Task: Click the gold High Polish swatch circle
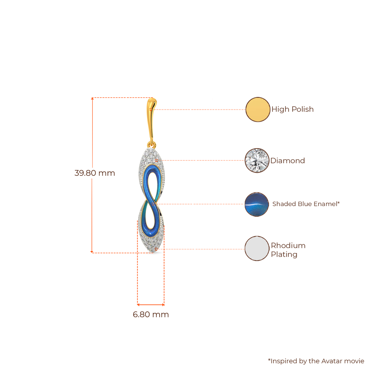pyautogui.click(x=258, y=109)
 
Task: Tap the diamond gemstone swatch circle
pyautogui.click(x=257, y=160)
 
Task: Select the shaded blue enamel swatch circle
pyautogui.click(x=257, y=204)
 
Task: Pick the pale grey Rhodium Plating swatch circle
pyautogui.click(x=257, y=249)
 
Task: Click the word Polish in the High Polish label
pyautogui.click(x=302, y=109)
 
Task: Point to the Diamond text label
pyautogui.click(x=288, y=161)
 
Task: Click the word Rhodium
pyautogui.click(x=288, y=246)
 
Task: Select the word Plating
pyautogui.click(x=284, y=254)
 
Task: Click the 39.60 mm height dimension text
pyautogui.click(x=95, y=173)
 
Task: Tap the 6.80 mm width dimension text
pyautogui.click(x=151, y=314)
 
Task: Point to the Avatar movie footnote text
pyautogui.click(x=316, y=361)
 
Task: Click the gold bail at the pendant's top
pyautogui.click(x=150, y=117)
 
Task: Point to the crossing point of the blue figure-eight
pyautogui.click(x=151, y=204)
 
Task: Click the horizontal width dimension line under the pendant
pyautogui.click(x=151, y=304)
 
